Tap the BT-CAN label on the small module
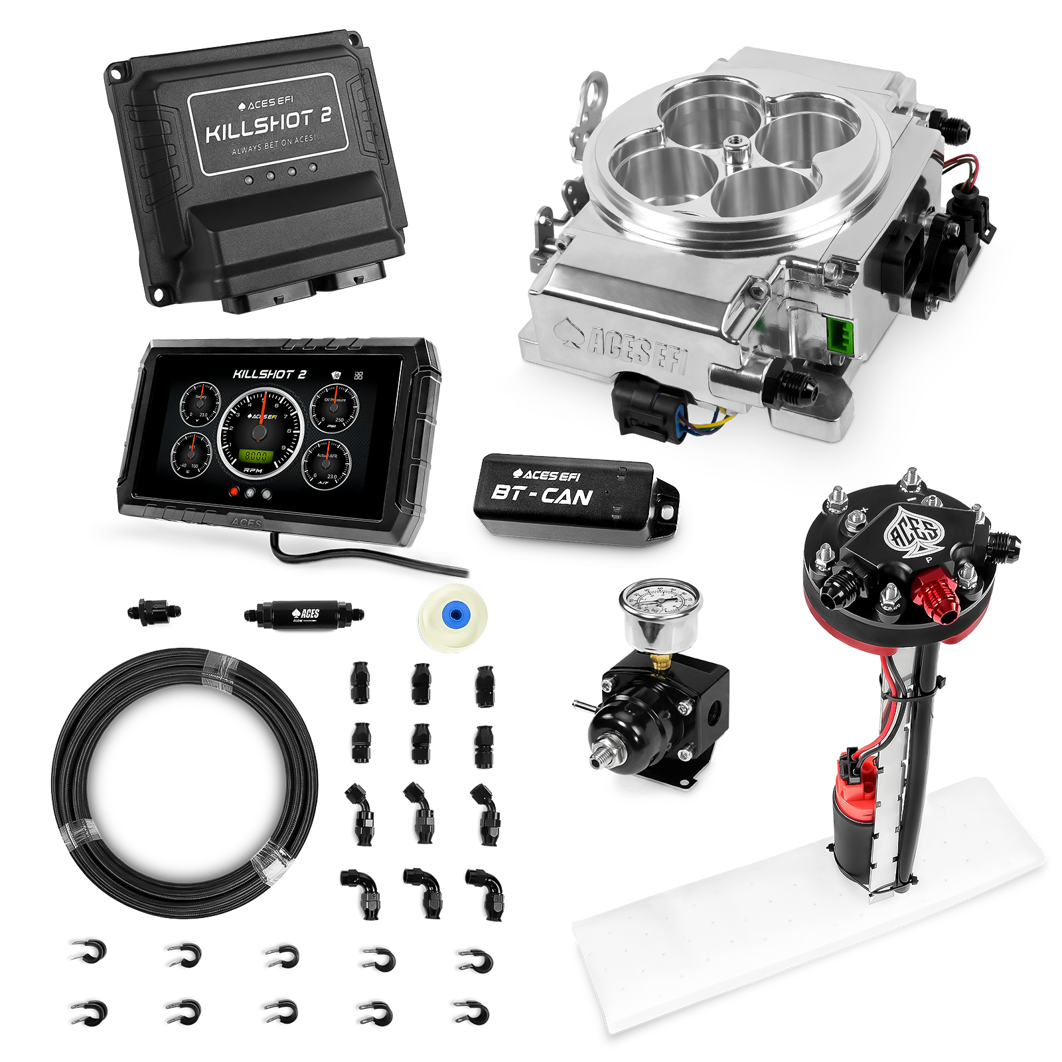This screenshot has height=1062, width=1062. click(541, 495)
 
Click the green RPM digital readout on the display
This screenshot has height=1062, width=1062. click(256, 456)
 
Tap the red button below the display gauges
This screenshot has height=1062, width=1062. click(234, 493)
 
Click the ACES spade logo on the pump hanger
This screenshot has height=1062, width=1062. click(914, 531)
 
